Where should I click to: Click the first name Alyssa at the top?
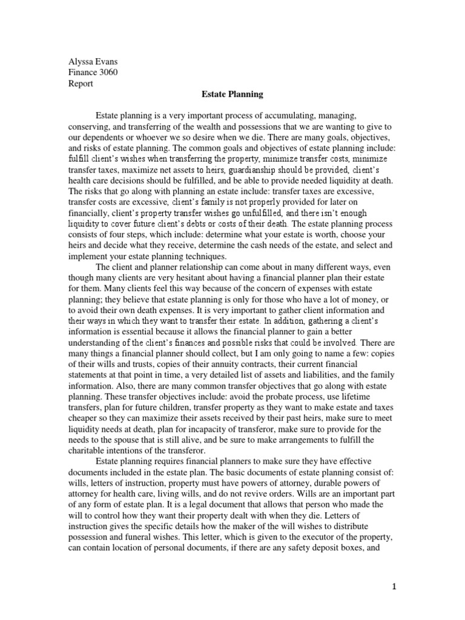point(79,61)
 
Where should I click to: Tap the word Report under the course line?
point(80,84)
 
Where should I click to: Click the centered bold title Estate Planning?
point(232,95)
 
